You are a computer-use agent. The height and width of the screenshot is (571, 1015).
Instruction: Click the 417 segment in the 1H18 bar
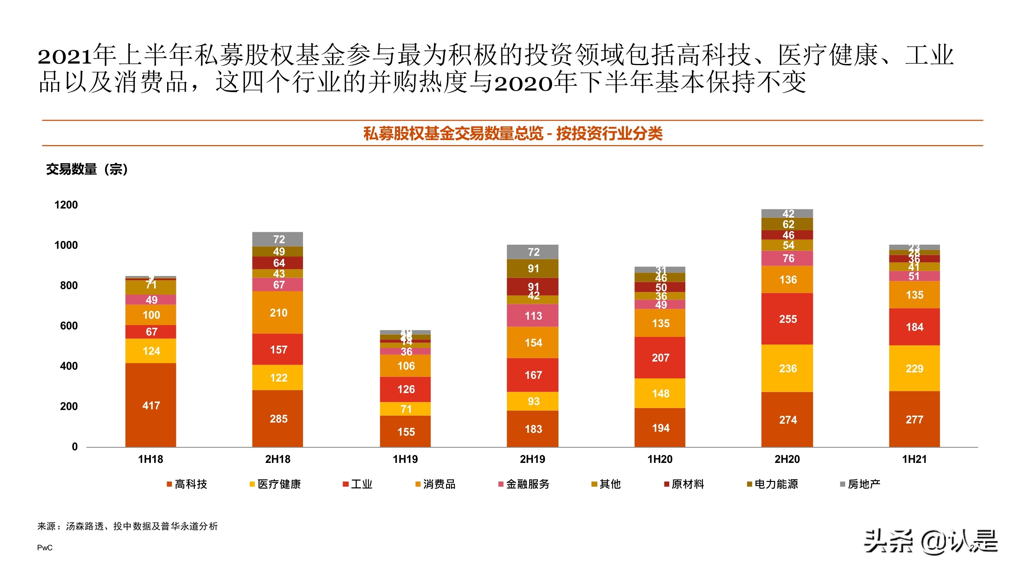click(x=151, y=405)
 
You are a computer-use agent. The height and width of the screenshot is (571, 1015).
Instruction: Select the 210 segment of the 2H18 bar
click(x=278, y=313)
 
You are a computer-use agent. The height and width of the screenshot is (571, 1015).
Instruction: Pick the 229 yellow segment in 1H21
click(x=914, y=368)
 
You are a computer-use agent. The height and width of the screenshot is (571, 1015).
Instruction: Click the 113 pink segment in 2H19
click(x=533, y=316)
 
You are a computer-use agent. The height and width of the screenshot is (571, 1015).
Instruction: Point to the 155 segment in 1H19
click(x=405, y=432)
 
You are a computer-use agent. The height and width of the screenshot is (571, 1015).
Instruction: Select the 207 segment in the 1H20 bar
click(x=660, y=357)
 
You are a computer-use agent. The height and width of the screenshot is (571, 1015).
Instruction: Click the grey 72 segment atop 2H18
click(x=278, y=239)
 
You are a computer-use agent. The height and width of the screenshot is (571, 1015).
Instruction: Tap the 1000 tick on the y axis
click(x=66, y=245)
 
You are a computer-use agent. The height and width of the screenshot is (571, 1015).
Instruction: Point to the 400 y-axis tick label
click(x=69, y=366)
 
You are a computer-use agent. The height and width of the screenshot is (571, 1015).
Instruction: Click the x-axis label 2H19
click(x=532, y=459)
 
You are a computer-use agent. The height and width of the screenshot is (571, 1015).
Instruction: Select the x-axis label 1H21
click(x=914, y=459)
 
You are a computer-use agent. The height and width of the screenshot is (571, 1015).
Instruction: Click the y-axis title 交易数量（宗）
click(x=87, y=169)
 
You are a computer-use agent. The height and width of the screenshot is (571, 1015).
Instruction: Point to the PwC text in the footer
click(x=45, y=548)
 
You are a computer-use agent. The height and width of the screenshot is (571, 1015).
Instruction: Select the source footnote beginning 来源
click(x=127, y=526)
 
